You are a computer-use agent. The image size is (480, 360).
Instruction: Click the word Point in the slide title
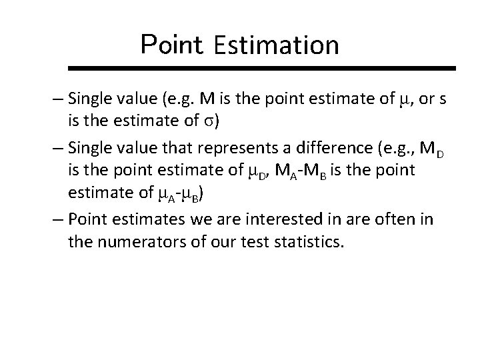(x=171, y=45)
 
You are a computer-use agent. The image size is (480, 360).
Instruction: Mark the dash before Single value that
(x=59, y=146)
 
